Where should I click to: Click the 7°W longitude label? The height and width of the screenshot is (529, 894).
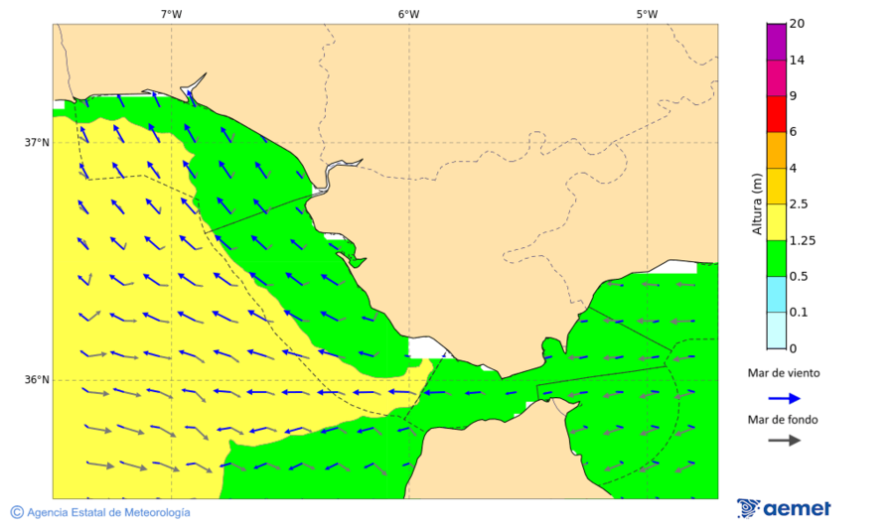coord(171,14)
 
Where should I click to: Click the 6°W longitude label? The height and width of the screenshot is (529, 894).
coord(408,14)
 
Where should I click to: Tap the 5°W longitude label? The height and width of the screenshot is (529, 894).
coord(647,14)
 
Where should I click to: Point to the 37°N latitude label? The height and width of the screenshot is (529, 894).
coord(37,142)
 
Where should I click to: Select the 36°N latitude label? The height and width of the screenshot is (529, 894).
coord(37,379)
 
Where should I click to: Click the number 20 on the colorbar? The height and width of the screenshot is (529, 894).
coord(797,24)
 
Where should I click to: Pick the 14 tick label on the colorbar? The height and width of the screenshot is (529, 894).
coord(797,60)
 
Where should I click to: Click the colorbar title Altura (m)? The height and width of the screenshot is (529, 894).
coord(757,203)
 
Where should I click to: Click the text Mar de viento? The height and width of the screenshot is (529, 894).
coord(784,373)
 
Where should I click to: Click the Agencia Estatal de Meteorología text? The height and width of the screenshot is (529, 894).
coord(108,512)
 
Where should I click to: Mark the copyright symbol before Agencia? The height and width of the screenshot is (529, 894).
coord(17,512)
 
